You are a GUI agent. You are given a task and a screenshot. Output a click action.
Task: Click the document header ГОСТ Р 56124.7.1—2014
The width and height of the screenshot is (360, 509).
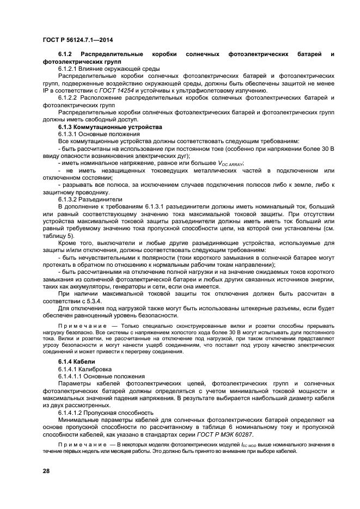point(80,40)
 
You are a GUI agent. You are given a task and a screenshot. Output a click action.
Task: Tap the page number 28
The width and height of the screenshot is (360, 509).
point(46,470)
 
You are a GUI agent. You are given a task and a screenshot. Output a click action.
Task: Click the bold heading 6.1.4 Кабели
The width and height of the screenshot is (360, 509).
point(76,361)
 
